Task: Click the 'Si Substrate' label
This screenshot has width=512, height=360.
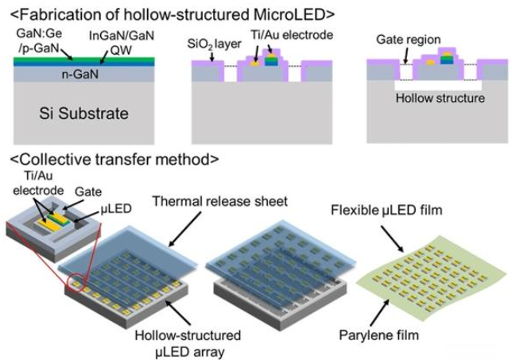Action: pyautogui.click(x=83, y=114)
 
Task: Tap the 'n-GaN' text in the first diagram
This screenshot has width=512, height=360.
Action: pyautogui.click(x=80, y=75)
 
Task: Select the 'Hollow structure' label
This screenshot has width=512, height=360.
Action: pyautogui.click(x=440, y=98)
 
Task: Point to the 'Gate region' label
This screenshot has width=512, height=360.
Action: pyautogui.click(x=409, y=40)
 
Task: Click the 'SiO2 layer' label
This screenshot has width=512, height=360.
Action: pyautogui.click(x=214, y=44)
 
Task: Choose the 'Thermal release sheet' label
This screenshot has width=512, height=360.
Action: pyautogui.click(x=219, y=201)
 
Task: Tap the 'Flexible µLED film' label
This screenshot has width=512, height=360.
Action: pyautogui.click(x=386, y=210)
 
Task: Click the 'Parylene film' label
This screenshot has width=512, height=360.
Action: pyautogui.click(x=378, y=335)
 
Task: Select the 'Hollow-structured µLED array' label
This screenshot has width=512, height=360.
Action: pyautogui.click(x=188, y=343)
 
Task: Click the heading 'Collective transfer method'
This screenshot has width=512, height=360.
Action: pyautogui.click(x=114, y=160)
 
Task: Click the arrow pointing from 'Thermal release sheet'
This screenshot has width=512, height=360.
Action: pyautogui.click(x=185, y=229)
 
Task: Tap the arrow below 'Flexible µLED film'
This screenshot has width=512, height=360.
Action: pyautogui.click(x=393, y=239)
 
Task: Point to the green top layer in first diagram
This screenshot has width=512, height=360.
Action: pyautogui.click(x=84, y=59)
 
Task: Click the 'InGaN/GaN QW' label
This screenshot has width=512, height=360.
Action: pyautogui.click(x=122, y=42)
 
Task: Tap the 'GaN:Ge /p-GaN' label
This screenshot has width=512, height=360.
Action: pyautogui.click(x=38, y=41)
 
